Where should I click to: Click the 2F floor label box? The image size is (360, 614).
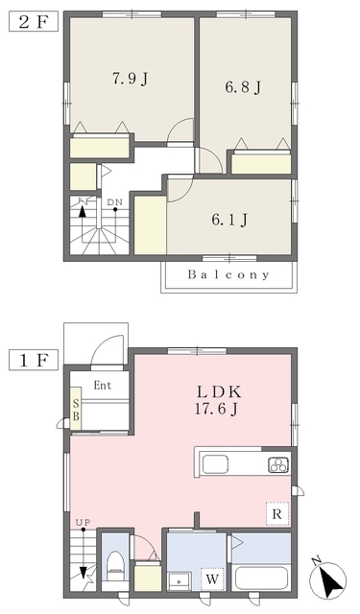34,21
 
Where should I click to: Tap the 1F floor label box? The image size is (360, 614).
34,361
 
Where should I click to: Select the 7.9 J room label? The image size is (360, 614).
130,79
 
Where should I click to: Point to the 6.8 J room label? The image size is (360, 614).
243,87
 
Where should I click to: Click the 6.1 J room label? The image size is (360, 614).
229,220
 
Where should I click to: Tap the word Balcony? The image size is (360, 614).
228,274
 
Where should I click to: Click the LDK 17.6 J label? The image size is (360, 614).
216,400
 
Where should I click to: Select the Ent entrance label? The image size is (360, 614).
103,386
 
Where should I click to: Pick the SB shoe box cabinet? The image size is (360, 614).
76,409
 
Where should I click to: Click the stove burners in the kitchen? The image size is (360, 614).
278,464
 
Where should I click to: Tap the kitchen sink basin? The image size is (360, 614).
215,464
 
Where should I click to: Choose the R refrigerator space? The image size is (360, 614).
277,514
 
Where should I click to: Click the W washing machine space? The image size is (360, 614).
212,579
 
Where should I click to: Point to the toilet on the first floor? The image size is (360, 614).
115,566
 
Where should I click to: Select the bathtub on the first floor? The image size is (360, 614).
262,579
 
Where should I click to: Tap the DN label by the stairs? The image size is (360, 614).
115,202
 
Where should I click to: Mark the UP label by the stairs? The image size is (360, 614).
84,522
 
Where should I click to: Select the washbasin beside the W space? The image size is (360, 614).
180,581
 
